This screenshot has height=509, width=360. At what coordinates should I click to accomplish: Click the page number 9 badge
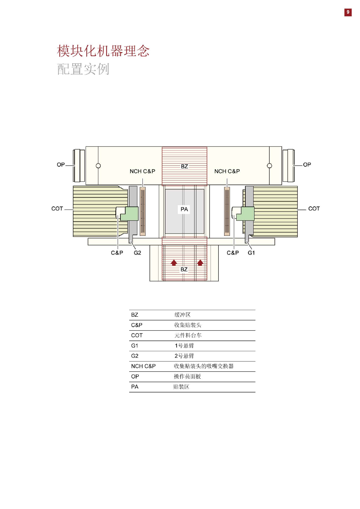coord(348,12)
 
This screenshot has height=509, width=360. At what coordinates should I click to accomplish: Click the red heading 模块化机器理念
coord(103,51)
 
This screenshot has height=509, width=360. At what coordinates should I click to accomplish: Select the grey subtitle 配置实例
coord(83,69)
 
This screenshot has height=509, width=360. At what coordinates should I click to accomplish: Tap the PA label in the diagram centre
coord(184,209)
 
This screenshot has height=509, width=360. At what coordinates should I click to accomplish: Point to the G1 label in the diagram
coord(251,253)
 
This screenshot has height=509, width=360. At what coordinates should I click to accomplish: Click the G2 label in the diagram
coord(137,253)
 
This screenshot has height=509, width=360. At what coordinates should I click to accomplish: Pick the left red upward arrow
coord(174,263)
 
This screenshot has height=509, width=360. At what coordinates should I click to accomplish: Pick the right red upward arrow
coord(200,263)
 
